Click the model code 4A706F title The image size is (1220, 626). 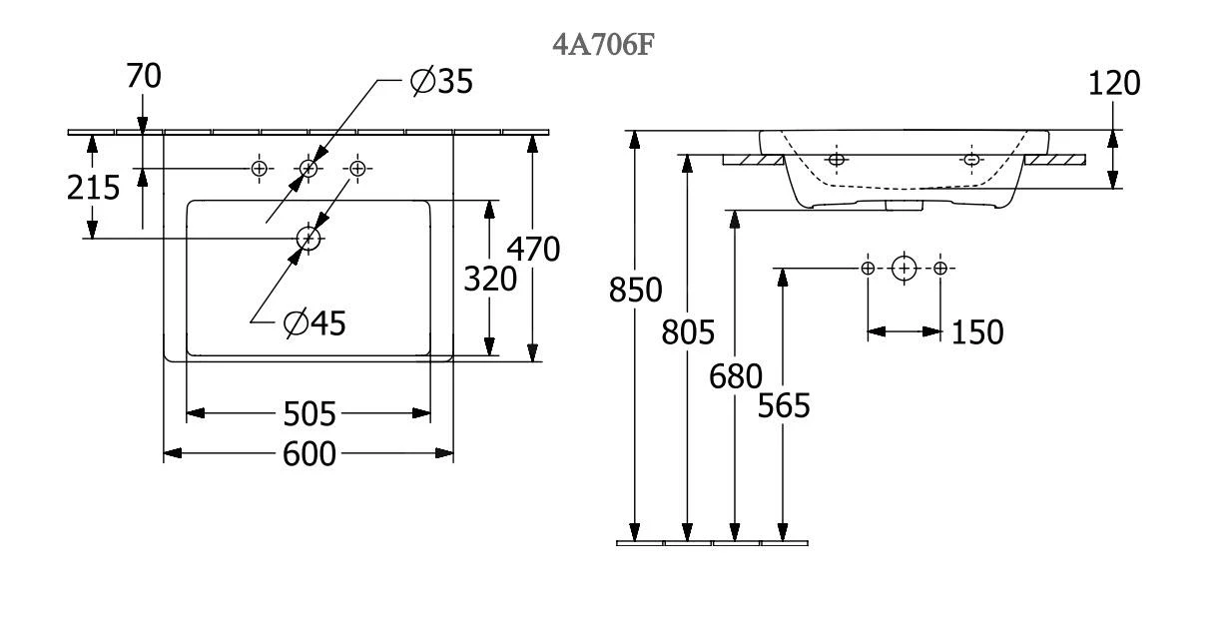(x=597, y=46)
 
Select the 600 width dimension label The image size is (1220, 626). (x=308, y=454)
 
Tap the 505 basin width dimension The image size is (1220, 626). (x=308, y=412)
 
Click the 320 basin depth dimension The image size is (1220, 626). (x=490, y=280)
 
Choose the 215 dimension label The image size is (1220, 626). (x=93, y=187)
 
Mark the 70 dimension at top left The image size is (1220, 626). (x=144, y=76)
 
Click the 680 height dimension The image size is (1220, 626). (x=736, y=376)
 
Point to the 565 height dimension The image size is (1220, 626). (x=784, y=405)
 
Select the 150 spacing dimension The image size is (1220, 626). (x=975, y=332)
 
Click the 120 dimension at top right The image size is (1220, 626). (x=1113, y=84)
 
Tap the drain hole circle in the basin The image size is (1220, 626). (x=308, y=238)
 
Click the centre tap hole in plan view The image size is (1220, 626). (x=308, y=169)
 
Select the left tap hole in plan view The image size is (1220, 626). (x=260, y=169)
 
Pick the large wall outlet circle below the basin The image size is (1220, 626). (x=904, y=268)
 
